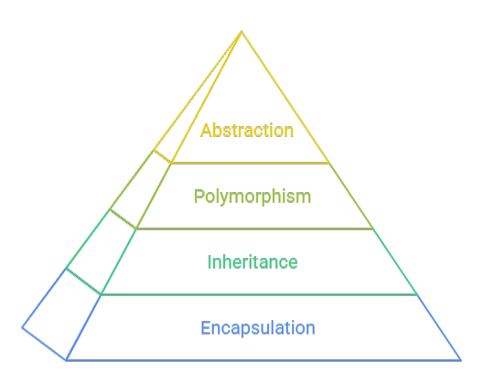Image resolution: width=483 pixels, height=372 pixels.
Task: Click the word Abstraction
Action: (x=247, y=130)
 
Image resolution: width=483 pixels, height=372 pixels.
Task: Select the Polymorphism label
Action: (x=252, y=197)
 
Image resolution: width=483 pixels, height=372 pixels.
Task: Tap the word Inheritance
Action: (x=252, y=262)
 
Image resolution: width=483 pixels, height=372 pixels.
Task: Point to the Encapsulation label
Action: (x=258, y=328)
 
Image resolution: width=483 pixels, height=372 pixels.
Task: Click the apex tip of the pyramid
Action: (x=241, y=31)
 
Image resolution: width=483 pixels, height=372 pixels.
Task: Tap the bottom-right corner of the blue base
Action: (x=460, y=360)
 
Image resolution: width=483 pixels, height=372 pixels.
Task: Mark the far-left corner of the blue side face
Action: (x=22, y=328)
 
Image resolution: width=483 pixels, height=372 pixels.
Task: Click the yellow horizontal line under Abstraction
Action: (x=250, y=163)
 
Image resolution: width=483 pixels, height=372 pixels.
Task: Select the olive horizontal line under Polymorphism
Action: (x=254, y=229)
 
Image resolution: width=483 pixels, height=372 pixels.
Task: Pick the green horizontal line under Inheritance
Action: (x=259, y=295)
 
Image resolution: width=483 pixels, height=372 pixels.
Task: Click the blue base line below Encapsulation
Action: (x=263, y=360)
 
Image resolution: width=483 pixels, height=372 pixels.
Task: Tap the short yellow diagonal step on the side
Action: (x=162, y=156)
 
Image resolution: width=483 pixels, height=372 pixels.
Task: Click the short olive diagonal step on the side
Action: (x=123, y=219)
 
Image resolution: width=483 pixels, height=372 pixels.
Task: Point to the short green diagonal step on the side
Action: (x=83, y=282)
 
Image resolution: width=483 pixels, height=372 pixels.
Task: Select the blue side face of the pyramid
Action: (x=61, y=314)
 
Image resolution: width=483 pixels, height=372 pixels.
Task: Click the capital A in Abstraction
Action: (x=206, y=130)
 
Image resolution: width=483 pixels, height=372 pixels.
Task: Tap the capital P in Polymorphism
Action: (x=199, y=196)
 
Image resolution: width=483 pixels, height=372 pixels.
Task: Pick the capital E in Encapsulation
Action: (x=206, y=328)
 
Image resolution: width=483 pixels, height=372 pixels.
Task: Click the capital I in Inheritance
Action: (x=209, y=262)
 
